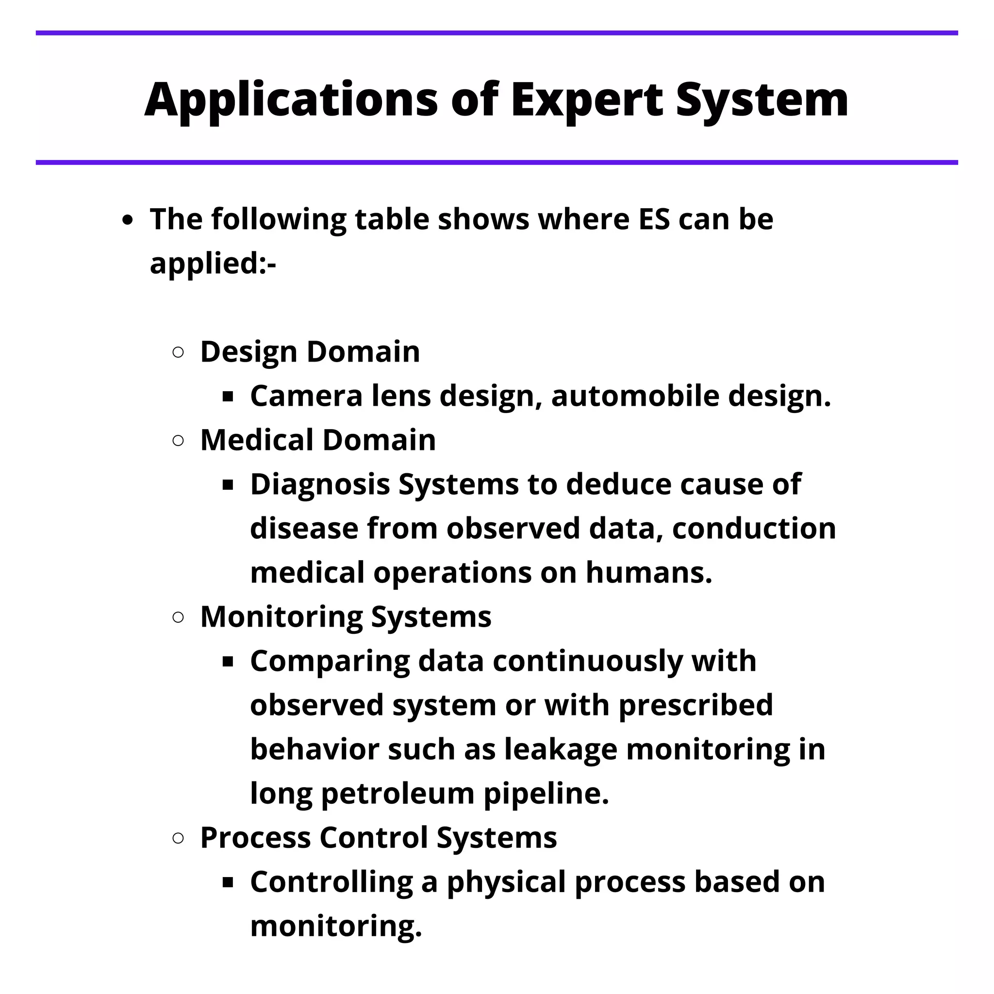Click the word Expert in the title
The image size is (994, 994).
[x=586, y=100]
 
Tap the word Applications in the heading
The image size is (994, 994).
[x=291, y=100]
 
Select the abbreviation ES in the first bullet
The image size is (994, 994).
[x=654, y=219]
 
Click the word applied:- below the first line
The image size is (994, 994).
[x=213, y=264]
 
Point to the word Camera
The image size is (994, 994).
[x=306, y=396]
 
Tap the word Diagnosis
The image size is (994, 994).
[x=320, y=485]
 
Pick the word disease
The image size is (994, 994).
[x=303, y=529]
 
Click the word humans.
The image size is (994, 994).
[x=649, y=573]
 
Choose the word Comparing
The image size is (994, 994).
[x=329, y=661]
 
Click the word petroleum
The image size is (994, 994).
[x=397, y=794]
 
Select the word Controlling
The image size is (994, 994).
[x=331, y=882]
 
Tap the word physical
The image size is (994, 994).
[x=506, y=882]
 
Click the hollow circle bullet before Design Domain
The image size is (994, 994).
[x=178, y=352]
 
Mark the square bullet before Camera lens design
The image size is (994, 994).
[x=228, y=397]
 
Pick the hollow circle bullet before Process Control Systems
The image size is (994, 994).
[x=178, y=839]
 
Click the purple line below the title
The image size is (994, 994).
[x=497, y=163]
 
